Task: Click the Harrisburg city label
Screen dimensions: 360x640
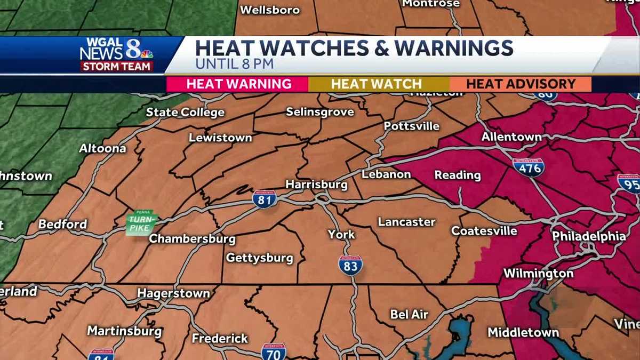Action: pos(316,185)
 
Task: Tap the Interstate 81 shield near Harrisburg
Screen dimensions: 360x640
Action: pos(265,198)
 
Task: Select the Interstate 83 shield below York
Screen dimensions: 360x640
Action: pos(350,265)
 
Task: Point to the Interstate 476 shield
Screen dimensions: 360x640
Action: pos(528,167)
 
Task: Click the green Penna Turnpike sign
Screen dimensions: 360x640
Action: pos(142,222)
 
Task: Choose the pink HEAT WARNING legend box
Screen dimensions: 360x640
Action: pos(238,84)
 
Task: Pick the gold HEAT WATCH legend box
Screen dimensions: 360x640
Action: pos(377,84)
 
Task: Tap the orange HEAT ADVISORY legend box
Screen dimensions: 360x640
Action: pos(521,84)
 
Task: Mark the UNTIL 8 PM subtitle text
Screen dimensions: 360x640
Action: pos(234,65)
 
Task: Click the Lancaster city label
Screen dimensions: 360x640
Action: pos(406,222)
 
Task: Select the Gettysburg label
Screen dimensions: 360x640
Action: pos(260,258)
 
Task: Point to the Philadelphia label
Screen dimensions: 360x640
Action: pos(589,236)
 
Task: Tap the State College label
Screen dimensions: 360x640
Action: pos(185,113)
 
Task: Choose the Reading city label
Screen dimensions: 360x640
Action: pos(458,175)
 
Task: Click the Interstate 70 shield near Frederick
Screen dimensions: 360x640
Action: pos(274,351)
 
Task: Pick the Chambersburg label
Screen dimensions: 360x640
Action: pos(192,238)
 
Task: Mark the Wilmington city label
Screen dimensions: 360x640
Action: pos(539,274)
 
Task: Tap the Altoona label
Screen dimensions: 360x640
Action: pos(102,148)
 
